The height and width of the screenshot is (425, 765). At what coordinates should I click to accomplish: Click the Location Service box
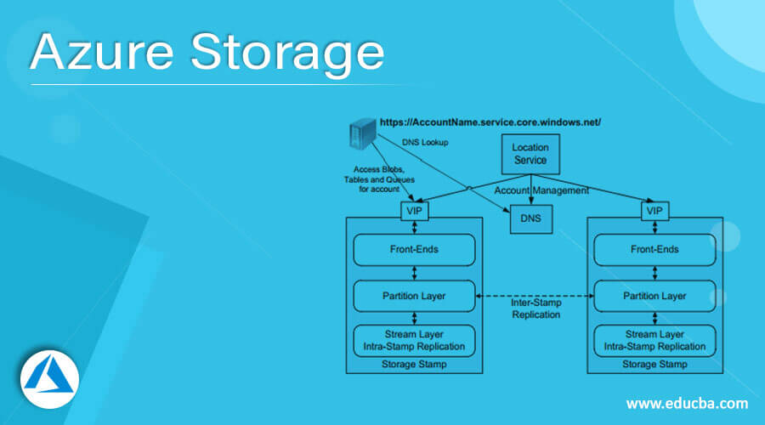pyautogui.click(x=530, y=154)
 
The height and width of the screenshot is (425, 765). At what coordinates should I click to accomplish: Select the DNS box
pyautogui.click(x=530, y=219)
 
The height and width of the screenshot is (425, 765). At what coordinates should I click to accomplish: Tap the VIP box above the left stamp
pyautogui.click(x=413, y=210)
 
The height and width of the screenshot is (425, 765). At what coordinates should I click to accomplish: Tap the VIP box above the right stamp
pyautogui.click(x=654, y=210)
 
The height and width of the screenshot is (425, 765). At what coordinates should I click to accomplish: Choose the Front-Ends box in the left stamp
pyautogui.click(x=413, y=249)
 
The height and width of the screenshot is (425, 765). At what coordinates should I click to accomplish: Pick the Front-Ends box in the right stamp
pyautogui.click(x=654, y=249)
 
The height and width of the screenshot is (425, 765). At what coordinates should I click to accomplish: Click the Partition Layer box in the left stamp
pyautogui.click(x=413, y=296)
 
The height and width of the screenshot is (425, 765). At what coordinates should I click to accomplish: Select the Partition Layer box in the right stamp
pyautogui.click(x=654, y=296)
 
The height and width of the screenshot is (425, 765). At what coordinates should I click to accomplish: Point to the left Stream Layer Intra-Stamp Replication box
pyautogui.click(x=413, y=340)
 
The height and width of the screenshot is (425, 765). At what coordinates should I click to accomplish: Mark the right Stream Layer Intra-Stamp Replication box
pyautogui.click(x=654, y=340)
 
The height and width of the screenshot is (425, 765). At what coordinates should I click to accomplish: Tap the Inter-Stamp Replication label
pyautogui.click(x=535, y=309)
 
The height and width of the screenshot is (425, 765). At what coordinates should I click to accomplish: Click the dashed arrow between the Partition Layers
pyautogui.click(x=535, y=296)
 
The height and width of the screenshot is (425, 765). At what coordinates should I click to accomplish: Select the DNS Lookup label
pyautogui.click(x=425, y=143)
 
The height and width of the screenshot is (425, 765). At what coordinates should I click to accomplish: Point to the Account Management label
pyautogui.click(x=541, y=191)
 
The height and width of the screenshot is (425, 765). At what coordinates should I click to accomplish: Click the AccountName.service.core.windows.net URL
pyautogui.click(x=490, y=122)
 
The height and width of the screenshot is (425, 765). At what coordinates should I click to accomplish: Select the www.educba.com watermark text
pyautogui.click(x=687, y=403)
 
